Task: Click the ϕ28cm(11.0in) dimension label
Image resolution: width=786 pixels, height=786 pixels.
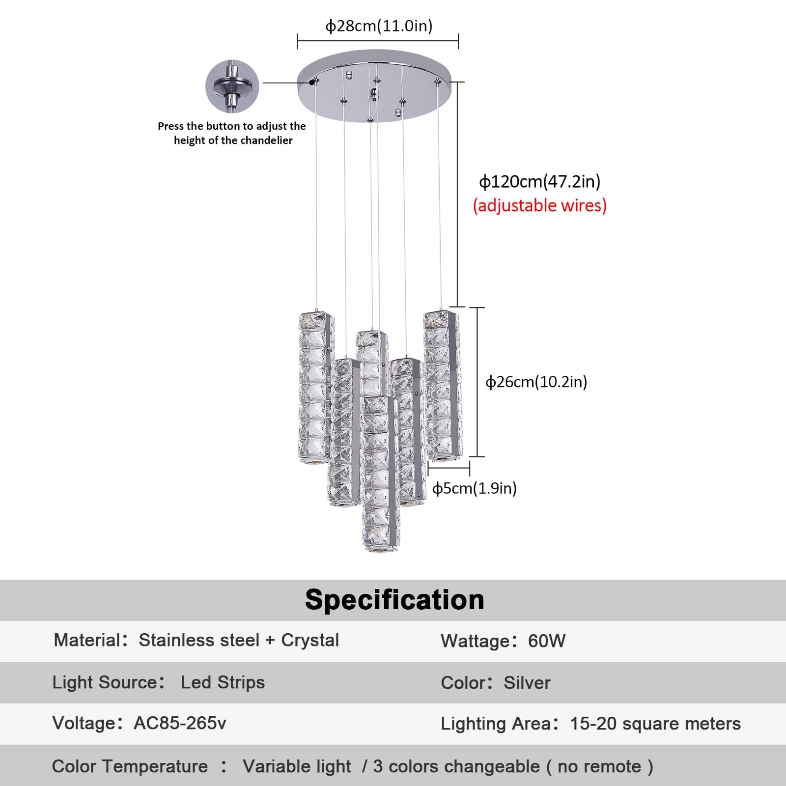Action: click(x=379, y=26)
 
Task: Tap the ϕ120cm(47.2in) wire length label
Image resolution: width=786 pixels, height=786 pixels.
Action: click(x=539, y=182)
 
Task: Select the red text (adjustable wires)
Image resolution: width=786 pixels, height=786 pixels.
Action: click(x=539, y=205)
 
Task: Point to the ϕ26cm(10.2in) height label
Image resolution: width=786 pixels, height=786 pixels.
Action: click(x=536, y=382)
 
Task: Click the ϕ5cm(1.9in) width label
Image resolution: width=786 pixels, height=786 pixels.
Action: click(x=474, y=488)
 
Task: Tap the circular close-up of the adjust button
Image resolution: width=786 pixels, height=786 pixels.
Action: click(x=232, y=86)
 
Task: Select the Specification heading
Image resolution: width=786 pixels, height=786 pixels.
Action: click(x=394, y=600)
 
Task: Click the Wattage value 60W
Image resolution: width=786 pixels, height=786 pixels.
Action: click(x=547, y=641)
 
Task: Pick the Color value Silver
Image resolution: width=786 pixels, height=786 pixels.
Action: click(x=527, y=683)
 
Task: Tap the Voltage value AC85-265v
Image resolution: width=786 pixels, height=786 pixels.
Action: click(x=180, y=723)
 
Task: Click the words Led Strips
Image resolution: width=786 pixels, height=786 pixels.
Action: click(x=223, y=682)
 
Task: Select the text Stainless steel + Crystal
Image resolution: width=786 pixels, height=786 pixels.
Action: click(x=239, y=640)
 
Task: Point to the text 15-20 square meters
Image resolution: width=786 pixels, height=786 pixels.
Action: click(x=655, y=724)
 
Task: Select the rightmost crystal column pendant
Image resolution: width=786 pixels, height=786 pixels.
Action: click(x=442, y=385)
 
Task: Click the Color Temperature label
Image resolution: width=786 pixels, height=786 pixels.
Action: click(x=130, y=766)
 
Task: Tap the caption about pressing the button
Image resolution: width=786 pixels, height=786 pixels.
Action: click(x=232, y=133)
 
